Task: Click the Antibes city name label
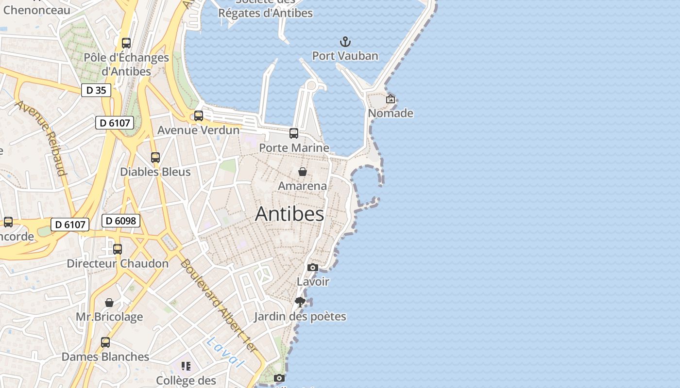coord(289,214)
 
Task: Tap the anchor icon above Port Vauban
coord(345,42)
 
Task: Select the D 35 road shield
coord(96,90)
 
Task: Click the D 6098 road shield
coord(121,221)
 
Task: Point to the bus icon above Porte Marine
coord(294,133)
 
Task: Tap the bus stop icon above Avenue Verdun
coord(198,116)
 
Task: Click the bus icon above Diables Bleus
coord(155,158)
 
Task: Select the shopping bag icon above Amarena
coord(302,172)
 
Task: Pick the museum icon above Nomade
coord(391,99)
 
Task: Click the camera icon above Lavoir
coord(313,267)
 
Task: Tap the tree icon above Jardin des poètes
coord(300,302)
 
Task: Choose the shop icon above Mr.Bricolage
coord(109,303)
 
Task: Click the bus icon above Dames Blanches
coord(105,342)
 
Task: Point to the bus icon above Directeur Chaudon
coord(118,249)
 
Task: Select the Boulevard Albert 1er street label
coord(218,306)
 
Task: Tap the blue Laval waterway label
coord(224,352)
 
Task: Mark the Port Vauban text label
coord(345,56)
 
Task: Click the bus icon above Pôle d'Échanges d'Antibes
coord(126,43)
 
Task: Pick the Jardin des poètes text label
coord(300,317)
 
